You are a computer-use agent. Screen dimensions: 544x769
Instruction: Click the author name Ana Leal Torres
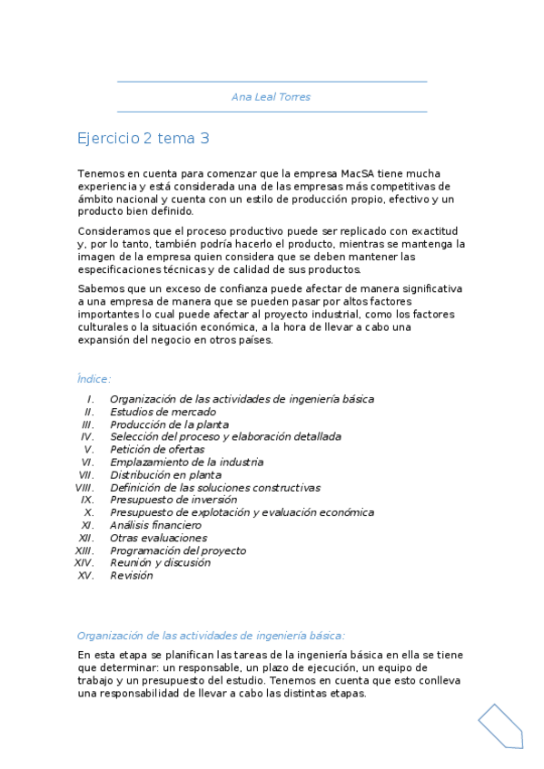point(272,97)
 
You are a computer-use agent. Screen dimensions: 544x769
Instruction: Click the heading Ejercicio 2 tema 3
point(143,139)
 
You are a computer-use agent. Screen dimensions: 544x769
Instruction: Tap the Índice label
point(94,379)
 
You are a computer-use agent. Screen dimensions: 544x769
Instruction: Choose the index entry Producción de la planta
point(169,424)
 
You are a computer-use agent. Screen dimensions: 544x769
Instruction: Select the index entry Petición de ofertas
point(157,449)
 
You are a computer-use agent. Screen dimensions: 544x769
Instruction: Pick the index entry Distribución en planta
point(165,474)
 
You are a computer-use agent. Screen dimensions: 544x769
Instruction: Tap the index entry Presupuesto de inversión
point(173,500)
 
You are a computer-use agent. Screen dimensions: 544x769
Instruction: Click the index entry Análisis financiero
point(155,525)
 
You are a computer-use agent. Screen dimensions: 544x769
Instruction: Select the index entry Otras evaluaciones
point(158,538)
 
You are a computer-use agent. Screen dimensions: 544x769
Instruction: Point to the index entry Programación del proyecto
point(178,550)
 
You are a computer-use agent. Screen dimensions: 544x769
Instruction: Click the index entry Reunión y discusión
point(160,563)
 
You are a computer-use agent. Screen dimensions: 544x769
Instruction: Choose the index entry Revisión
point(132,576)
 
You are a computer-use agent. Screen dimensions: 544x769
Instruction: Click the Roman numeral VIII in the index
point(84,487)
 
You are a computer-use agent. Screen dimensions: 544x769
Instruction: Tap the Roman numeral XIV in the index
point(84,563)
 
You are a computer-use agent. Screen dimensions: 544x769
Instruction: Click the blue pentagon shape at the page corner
point(500,725)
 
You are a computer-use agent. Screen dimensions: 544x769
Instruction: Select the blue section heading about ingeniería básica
point(211,636)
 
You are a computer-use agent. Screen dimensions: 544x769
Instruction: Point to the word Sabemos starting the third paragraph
point(100,288)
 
